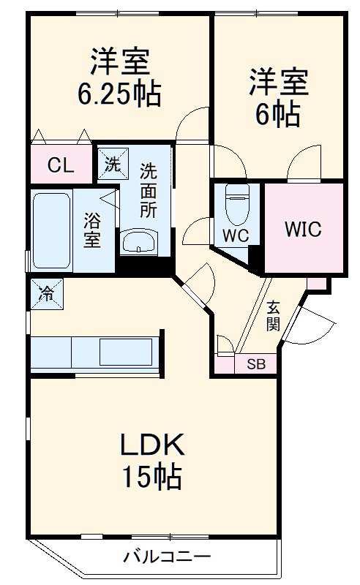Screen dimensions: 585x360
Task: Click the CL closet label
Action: (x=61, y=165)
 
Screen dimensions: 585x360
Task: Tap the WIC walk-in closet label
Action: (x=303, y=229)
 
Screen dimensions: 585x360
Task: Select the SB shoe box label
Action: (x=255, y=364)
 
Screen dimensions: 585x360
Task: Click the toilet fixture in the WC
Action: (x=238, y=205)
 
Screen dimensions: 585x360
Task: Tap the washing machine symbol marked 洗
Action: (x=113, y=164)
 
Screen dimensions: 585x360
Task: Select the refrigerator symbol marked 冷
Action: (x=45, y=295)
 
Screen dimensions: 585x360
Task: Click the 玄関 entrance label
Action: (x=273, y=315)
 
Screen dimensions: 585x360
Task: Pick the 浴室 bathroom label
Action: (x=92, y=229)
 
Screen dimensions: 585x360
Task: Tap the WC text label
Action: (x=236, y=235)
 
